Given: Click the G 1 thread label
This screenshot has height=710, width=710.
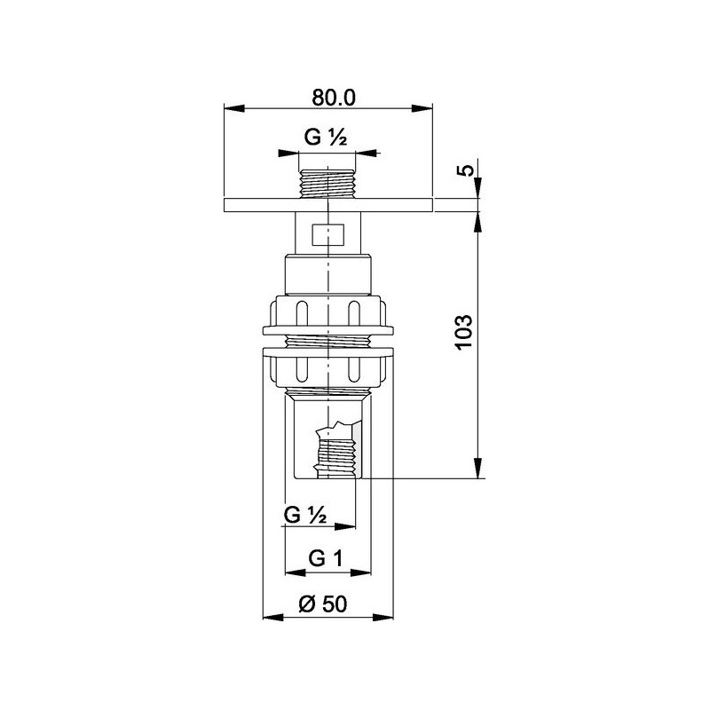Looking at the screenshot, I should [325, 558].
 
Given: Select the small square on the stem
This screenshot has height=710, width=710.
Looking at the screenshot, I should [327, 236].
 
